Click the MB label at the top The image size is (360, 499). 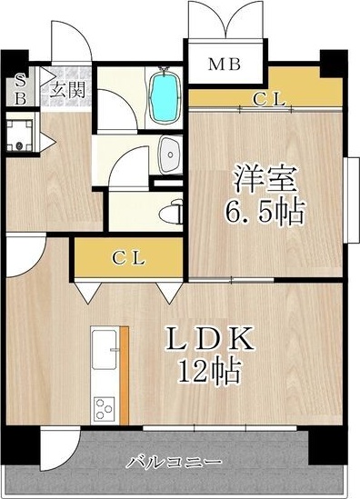click(x=225, y=64)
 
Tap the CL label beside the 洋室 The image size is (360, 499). click(x=269, y=99)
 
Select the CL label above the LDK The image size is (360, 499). click(x=129, y=258)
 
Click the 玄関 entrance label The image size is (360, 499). click(x=67, y=89)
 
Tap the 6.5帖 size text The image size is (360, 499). click(x=264, y=214)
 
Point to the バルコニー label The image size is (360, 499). click(x=164, y=460)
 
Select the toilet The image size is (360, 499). click(x=172, y=213)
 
